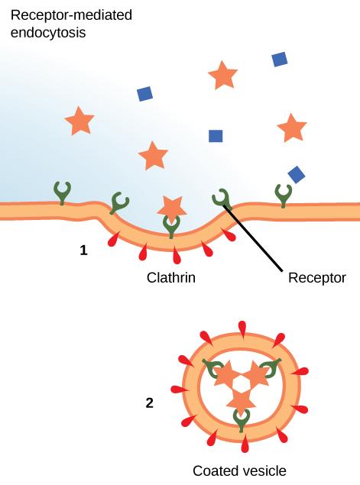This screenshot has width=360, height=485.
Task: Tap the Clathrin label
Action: point(171,278)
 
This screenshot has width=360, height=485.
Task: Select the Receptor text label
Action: point(316,278)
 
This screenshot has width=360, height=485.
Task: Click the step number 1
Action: point(84,249)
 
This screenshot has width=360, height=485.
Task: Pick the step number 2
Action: point(150,402)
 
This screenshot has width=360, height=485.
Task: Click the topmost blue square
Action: point(280,59)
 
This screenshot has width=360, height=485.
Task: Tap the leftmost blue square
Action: point(144,94)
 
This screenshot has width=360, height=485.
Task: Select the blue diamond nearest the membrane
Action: point(297,174)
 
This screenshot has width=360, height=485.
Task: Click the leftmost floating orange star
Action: point(79,121)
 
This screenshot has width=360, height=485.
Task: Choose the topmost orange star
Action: point(222,75)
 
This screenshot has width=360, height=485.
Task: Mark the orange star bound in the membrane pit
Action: point(171,205)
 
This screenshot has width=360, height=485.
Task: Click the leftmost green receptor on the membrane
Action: point(61,192)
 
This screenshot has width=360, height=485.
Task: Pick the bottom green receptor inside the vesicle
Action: point(242,418)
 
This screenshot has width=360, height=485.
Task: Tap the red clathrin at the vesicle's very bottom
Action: point(244,445)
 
